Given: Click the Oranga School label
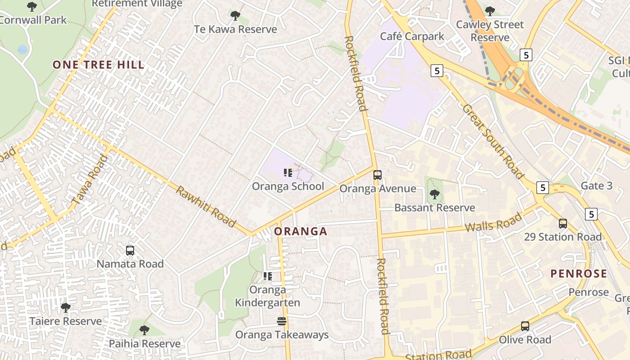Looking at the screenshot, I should pos(288,186).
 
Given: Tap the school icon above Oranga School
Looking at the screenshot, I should pos(288,172).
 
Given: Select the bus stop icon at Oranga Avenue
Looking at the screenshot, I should pos(377,175).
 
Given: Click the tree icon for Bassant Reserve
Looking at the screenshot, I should pos(435,194).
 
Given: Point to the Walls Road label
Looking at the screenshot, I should pos(493,222).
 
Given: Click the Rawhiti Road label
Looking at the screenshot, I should pos(206,207).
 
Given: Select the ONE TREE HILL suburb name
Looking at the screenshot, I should pos(99,65).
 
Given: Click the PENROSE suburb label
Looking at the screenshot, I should pos(579,274).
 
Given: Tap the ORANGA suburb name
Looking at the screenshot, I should pos(301,232).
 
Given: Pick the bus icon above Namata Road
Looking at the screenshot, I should pos(130,251).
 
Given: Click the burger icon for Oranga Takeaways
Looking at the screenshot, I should pos(282,321).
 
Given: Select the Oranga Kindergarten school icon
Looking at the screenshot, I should pos(268,276).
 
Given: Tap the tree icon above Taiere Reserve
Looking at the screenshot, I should pos(66,308).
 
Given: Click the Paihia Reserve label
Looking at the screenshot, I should pos(144,344).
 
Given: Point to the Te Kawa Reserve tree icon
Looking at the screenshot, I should pos(235,16).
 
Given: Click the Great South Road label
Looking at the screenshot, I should pos(493,141).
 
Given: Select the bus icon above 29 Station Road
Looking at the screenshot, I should pos(562,223).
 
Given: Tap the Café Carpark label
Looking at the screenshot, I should pos(412,36).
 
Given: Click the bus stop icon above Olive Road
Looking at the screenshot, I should pos(525,326).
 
